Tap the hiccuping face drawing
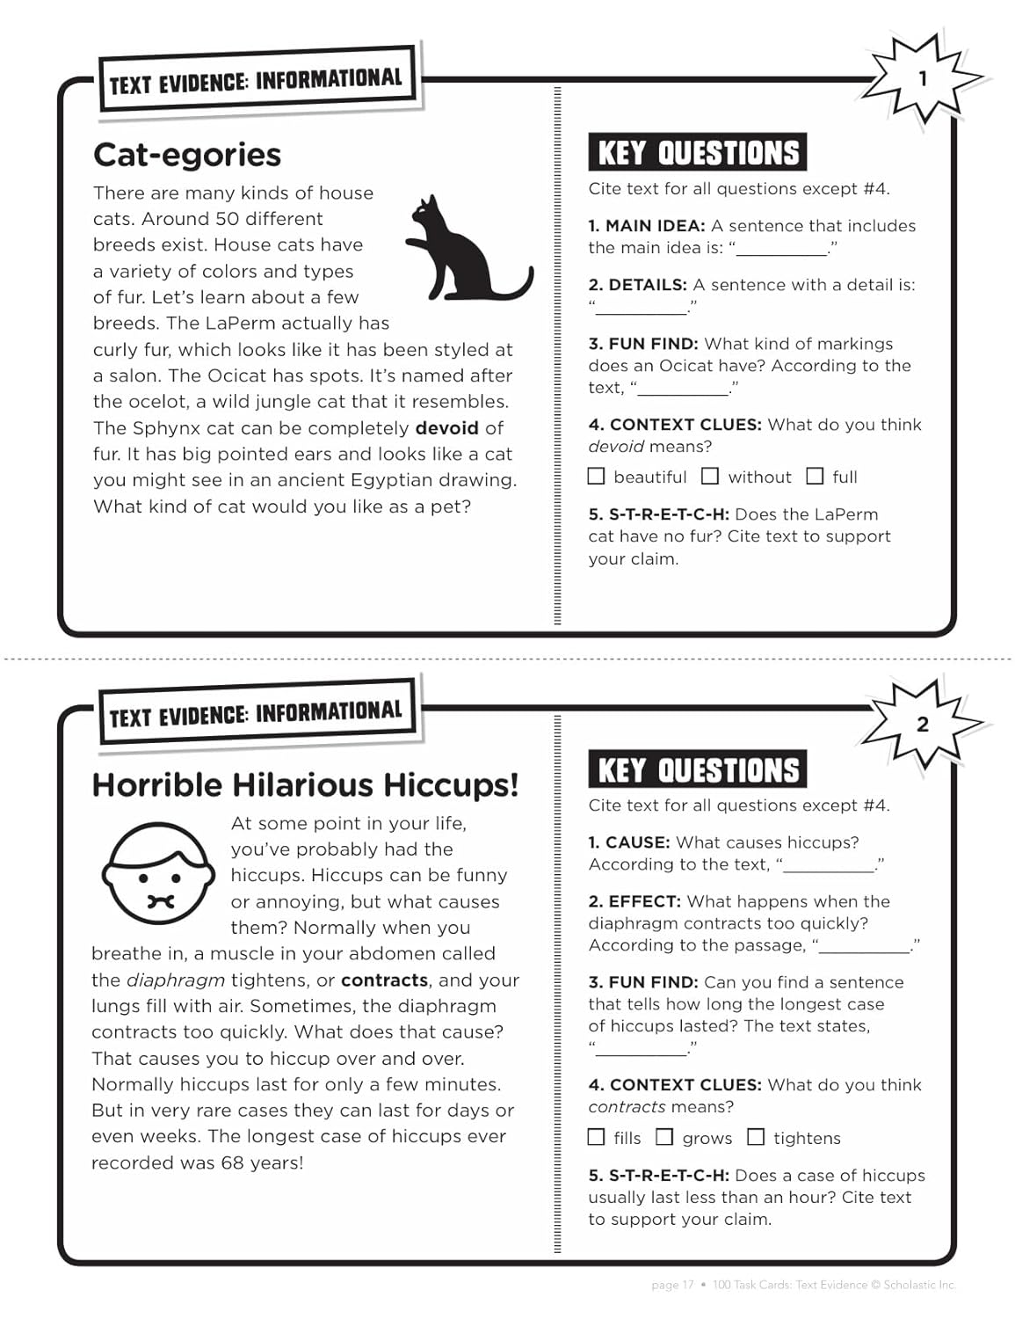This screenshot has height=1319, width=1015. pyautogui.click(x=158, y=875)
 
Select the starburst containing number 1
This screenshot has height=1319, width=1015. pyautogui.click(x=923, y=79)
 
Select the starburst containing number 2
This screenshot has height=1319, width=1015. pyautogui.click(x=923, y=724)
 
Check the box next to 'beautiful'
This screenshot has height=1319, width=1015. pyautogui.click(x=597, y=477)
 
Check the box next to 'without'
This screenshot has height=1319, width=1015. pyautogui.click(x=710, y=477)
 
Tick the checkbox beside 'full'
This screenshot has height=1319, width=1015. pyautogui.click(x=816, y=477)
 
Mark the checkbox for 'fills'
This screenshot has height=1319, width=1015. pyautogui.click(x=597, y=1137)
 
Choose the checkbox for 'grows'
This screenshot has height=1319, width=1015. pyautogui.click(x=665, y=1137)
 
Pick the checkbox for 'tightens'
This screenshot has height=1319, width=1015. pyautogui.click(x=756, y=1137)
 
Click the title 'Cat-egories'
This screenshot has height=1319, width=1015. pyautogui.click(x=187, y=155)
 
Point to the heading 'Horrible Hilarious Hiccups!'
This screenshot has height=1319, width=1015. pyautogui.click(x=305, y=784)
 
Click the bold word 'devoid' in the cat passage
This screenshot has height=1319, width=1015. pyautogui.click(x=446, y=428)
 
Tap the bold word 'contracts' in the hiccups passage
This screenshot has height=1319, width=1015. pyautogui.click(x=384, y=980)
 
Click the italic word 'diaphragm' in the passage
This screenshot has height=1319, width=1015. pyautogui.click(x=176, y=980)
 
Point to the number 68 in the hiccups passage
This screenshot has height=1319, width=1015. pyautogui.click(x=233, y=1162)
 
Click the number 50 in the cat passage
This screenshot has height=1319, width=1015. pyautogui.click(x=228, y=219)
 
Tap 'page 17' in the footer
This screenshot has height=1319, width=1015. pyautogui.click(x=672, y=1285)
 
